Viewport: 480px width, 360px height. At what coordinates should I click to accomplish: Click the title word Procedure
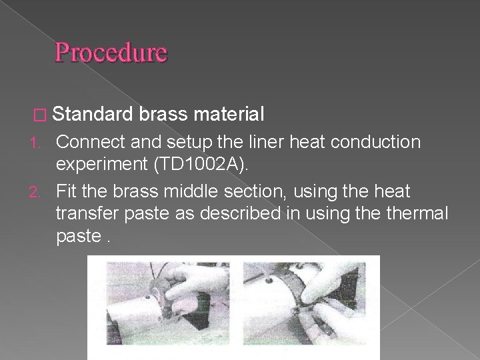pyautogui.click(x=111, y=53)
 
